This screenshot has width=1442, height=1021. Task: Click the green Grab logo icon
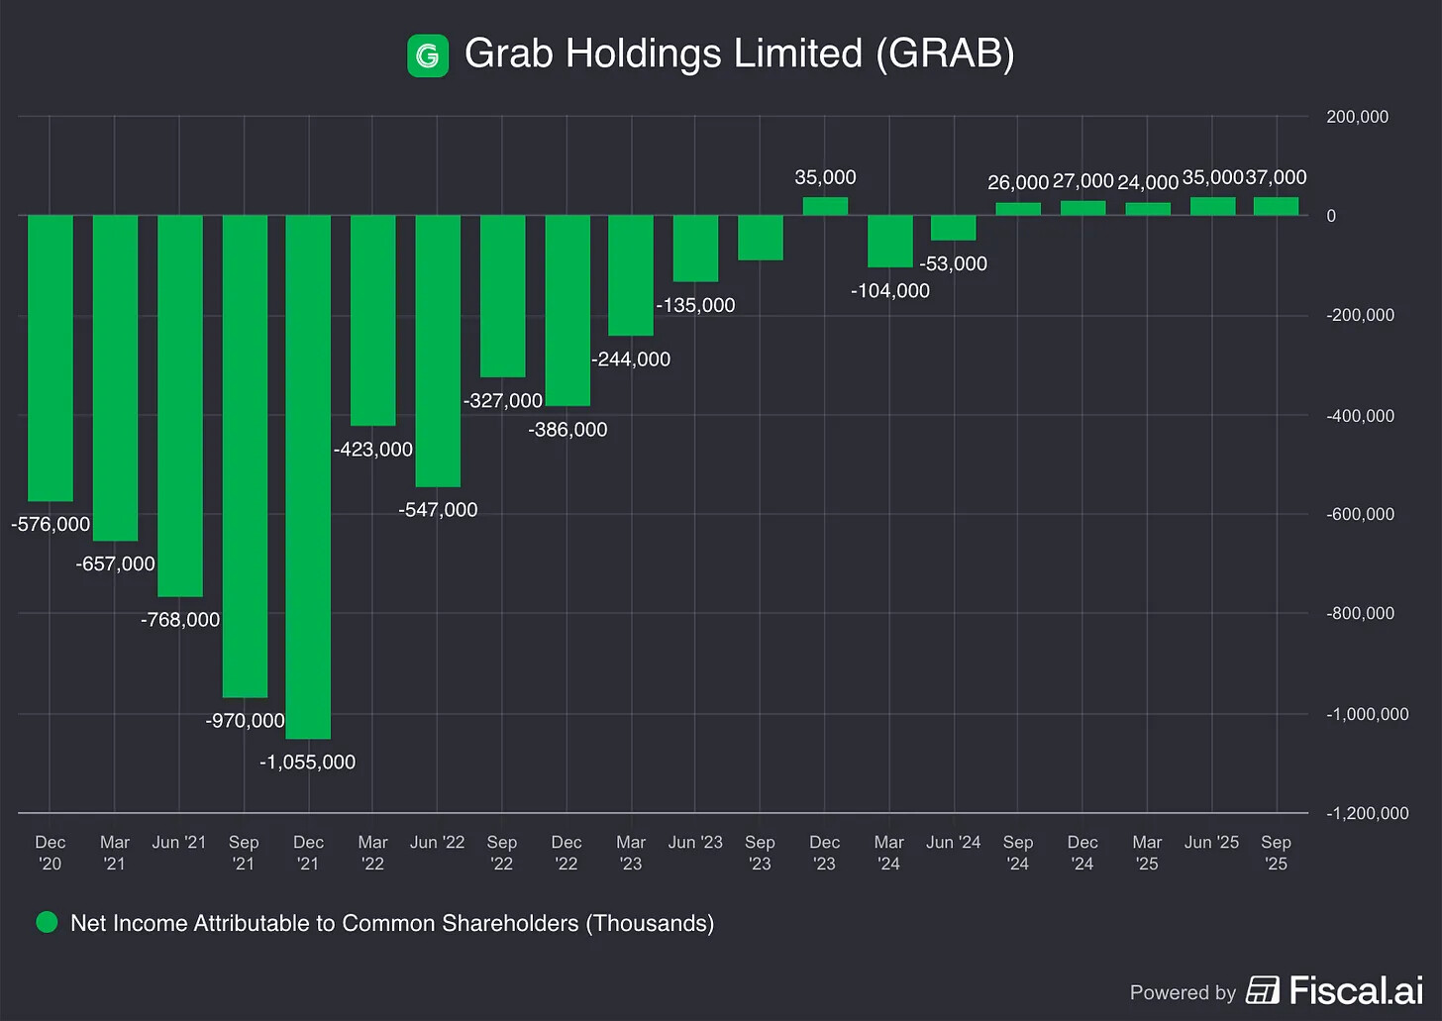pos(428,55)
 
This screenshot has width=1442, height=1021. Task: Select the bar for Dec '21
pos(308,475)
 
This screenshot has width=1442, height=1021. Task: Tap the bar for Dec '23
pos(825,206)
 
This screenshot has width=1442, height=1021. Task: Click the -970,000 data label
pos(245,721)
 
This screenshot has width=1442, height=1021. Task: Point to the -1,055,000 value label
pos(307,763)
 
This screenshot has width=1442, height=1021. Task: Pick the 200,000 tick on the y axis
pos(1357,117)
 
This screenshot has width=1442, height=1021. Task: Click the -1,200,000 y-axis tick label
pos(1367,813)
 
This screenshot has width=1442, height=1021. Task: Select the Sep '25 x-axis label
pos(1276,853)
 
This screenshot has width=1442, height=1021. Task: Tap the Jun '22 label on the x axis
pos(437,843)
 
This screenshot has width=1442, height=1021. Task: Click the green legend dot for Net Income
pos(47,923)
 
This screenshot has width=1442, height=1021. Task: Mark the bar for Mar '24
pos(889,241)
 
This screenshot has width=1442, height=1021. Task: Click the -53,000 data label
pos(953,264)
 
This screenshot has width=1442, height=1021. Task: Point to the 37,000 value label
pos(1276,177)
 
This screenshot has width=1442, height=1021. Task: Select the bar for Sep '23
pos(760,238)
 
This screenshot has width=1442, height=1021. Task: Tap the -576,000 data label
pos(51,525)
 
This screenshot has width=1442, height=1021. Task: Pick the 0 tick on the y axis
pos(1331,216)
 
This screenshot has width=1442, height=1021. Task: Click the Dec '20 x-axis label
pos(50,853)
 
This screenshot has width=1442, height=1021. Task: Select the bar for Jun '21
pos(179,406)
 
